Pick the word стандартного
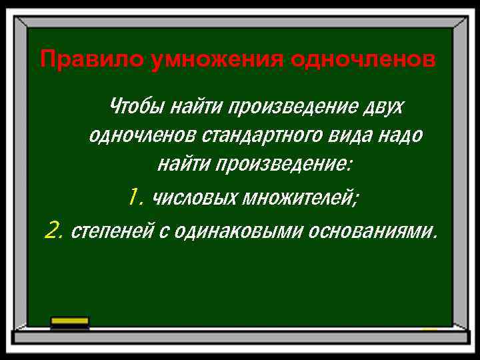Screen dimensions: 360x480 pyautogui.click(x=275, y=135)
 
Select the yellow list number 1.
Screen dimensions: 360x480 pyautogui.click(x=135, y=197)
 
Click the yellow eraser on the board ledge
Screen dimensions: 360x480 pyautogui.click(x=69, y=321)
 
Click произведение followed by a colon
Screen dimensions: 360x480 pyautogui.click(x=283, y=163)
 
